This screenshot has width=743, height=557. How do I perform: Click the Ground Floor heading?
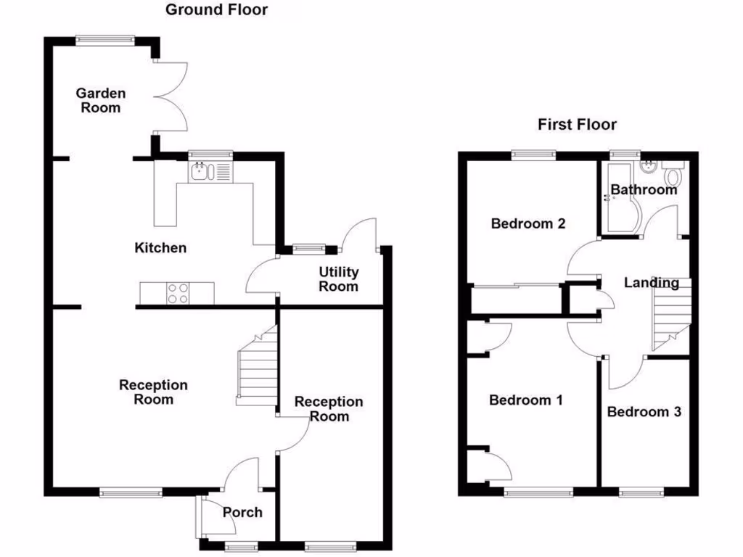[x=206, y=10]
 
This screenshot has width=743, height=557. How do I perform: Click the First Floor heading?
[x=577, y=125]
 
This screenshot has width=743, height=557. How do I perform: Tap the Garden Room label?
[x=101, y=100]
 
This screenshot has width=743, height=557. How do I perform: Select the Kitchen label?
[x=160, y=248]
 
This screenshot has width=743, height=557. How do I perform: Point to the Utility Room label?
[x=339, y=278]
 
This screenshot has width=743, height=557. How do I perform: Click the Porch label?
[x=242, y=513]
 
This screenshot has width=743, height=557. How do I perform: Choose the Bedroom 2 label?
[x=528, y=223]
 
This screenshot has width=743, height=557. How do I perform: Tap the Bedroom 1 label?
[x=526, y=400]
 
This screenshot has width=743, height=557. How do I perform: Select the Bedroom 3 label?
[x=644, y=412]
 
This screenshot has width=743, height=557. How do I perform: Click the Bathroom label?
[x=643, y=190]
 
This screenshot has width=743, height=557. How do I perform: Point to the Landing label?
[x=652, y=283]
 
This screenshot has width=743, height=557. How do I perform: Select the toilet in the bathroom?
[x=673, y=174]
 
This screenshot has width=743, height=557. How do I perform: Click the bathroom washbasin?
[x=649, y=168]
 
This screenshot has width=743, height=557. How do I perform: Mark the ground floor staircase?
[x=258, y=366]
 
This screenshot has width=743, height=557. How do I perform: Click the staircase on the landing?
[x=669, y=315]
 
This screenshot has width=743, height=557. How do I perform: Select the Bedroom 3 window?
[x=641, y=492]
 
